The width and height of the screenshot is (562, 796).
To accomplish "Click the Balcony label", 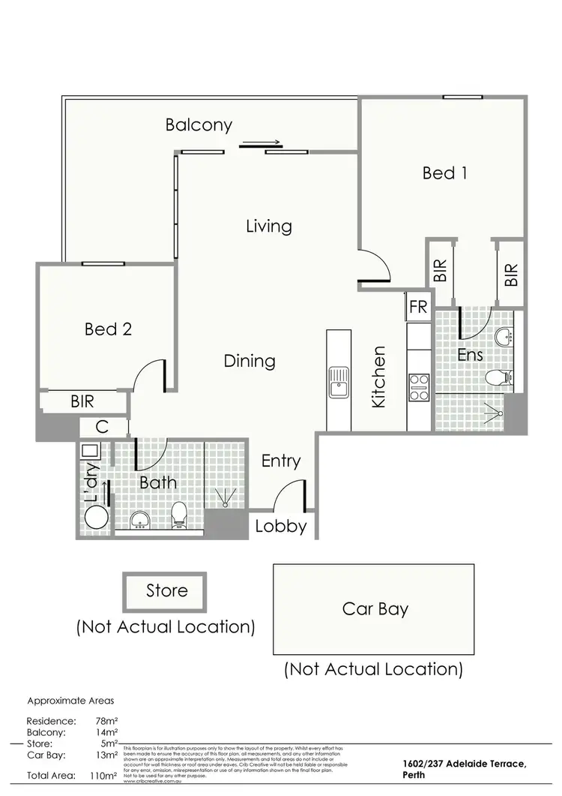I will [x=199, y=125].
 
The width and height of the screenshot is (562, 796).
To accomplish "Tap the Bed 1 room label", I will [x=445, y=173].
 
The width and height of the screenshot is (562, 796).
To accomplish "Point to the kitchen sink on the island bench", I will [x=339, y=383].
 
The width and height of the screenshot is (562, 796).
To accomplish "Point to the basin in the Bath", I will [x=139, y=519].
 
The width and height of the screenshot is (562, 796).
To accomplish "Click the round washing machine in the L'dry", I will [x=94, y=518].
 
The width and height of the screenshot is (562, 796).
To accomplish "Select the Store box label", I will [x=166, y=590].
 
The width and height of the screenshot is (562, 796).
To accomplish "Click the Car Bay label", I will [x=375, y=608].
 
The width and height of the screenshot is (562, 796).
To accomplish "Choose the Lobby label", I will [x=281, y=526].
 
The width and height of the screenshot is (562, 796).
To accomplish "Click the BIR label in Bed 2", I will [x=82, y=402].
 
